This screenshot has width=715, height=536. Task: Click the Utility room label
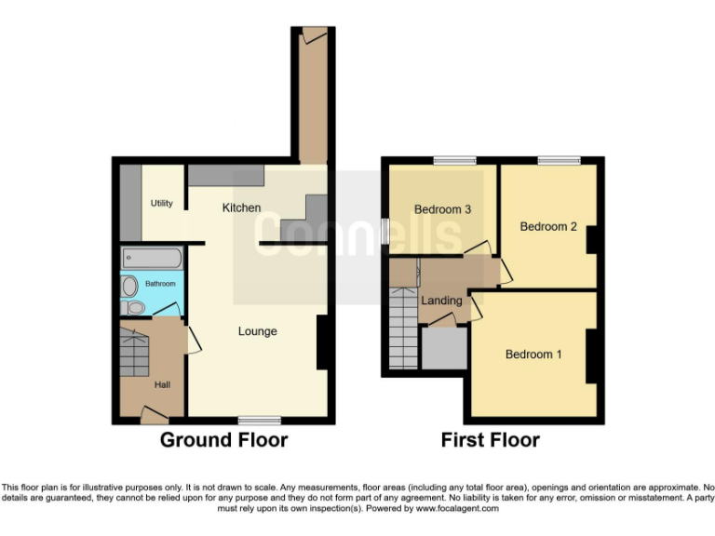[x=161, y=203]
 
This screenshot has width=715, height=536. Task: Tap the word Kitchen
[x=241, y=208]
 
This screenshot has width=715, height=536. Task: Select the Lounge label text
[x=257, y=331]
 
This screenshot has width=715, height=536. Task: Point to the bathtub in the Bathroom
[x=152, y=258]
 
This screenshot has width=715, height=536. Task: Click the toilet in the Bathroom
[x=133, y=307]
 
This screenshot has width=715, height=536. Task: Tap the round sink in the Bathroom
[x=129, y=286]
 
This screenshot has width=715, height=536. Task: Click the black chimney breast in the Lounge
[x=323, y=342]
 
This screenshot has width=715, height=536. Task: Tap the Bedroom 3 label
[x=442, y=209]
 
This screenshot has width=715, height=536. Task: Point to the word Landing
[x=441, y=301]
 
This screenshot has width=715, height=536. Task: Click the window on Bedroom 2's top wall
[x=559, y=161]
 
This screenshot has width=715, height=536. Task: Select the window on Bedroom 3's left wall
[x=384, y=230]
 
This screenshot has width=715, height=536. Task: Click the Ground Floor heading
[x=223, y=440]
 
